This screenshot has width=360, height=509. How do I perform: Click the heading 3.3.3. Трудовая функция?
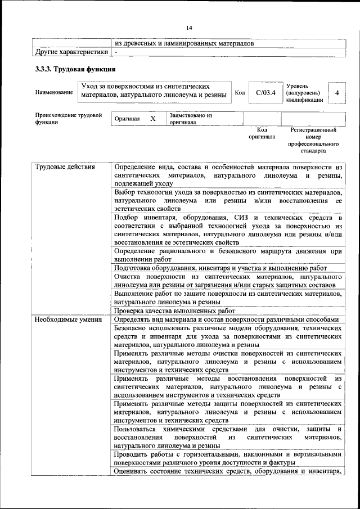(75, 70)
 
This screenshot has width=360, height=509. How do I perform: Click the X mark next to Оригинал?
(152, 119)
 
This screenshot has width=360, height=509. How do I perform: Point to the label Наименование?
(54, 92)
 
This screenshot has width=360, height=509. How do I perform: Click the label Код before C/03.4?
(240, 92)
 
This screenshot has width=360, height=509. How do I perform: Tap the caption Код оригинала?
(262, 133)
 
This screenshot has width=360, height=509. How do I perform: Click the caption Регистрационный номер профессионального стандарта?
(313, 141)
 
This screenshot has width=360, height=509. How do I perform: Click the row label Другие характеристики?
(71, 52)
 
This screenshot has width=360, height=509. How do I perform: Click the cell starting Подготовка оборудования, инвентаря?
(228, 268)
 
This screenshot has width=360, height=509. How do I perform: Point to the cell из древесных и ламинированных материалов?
(184, 43)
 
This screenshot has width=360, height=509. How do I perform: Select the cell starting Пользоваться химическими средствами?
(228, 437)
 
